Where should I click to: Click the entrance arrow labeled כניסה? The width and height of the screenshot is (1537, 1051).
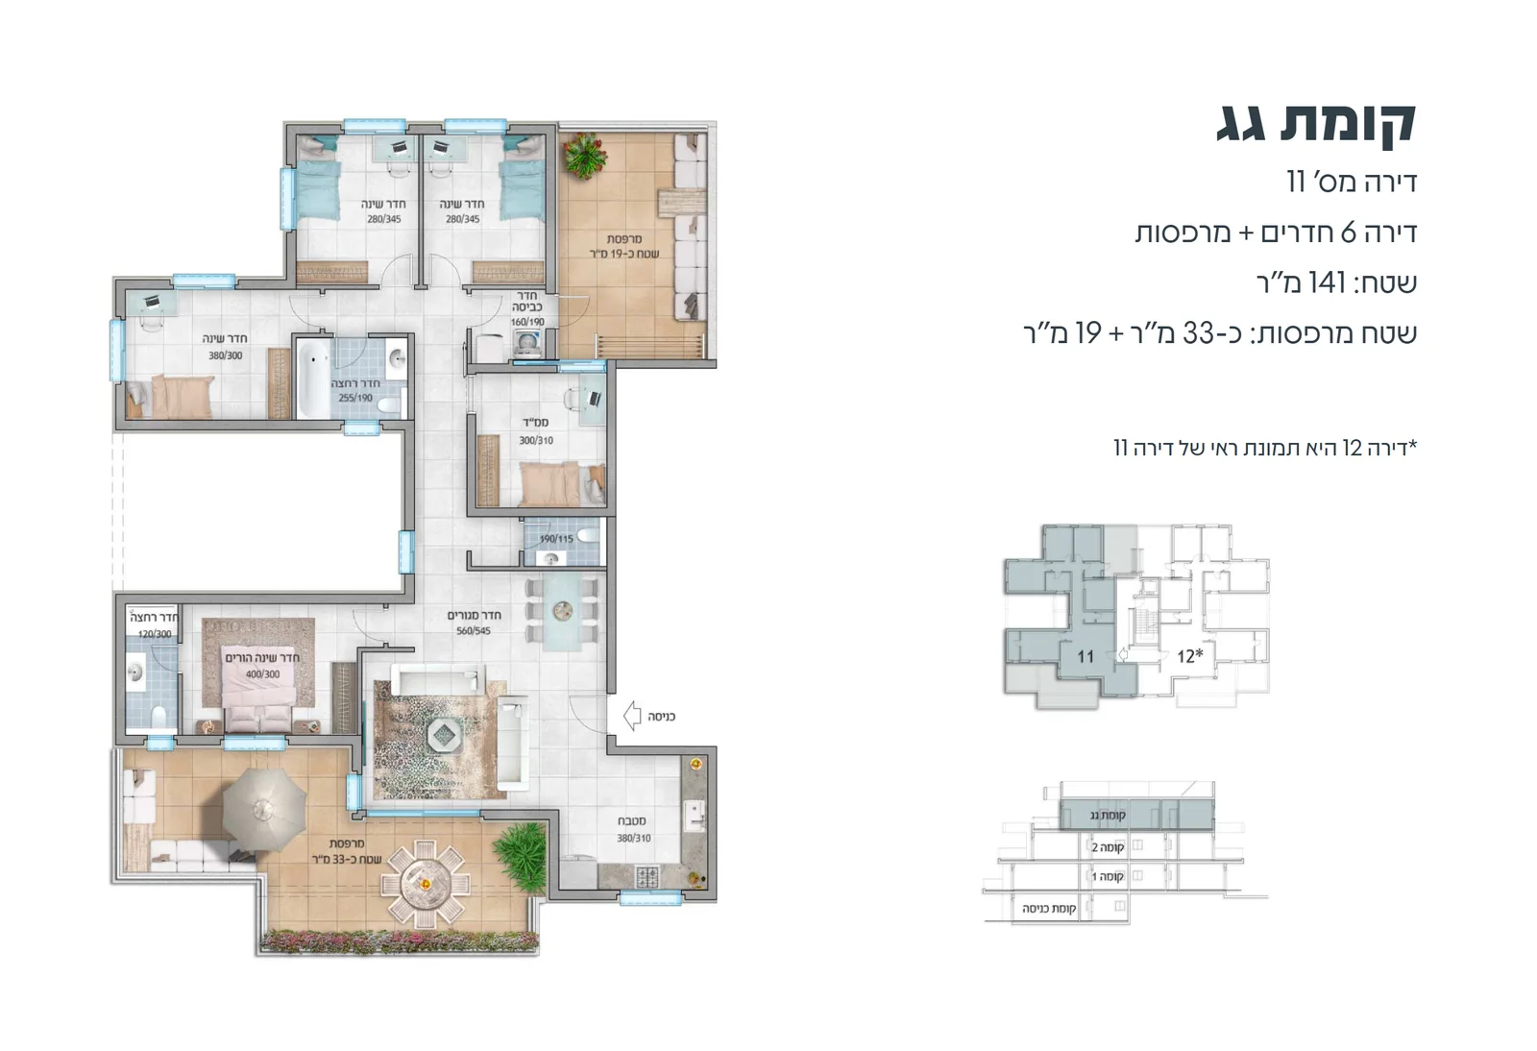click(632, 716)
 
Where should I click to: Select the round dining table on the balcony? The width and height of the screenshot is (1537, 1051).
click(423, 881)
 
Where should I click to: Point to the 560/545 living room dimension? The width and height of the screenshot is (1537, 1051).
click(474, 631)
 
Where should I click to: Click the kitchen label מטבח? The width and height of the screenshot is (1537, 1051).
click(631, 821)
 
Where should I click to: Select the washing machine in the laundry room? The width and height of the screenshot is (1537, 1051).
click(527, 343)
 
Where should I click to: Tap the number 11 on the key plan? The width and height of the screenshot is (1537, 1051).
click(1086, 657)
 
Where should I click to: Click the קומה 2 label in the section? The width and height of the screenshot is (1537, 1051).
click(1108, 847)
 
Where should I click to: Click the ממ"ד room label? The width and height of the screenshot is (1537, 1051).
click(535, 423)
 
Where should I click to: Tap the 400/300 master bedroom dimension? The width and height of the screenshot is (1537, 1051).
click(262, 674)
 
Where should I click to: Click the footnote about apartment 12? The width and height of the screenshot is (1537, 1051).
click(1264, 448)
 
